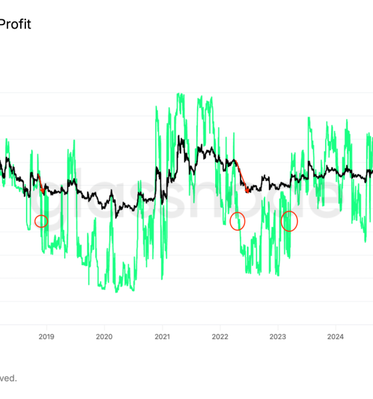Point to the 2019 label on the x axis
46,336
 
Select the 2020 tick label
104,336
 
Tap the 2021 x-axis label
162,336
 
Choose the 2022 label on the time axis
220,336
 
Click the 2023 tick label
278,336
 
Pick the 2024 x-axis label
336,336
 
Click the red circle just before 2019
41,221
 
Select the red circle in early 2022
237,221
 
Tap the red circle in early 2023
289,221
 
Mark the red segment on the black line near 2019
41,184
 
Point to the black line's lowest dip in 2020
117,216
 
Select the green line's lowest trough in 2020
117,291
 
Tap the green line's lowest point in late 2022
278,275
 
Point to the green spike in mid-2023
308,118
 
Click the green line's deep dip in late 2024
365,241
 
